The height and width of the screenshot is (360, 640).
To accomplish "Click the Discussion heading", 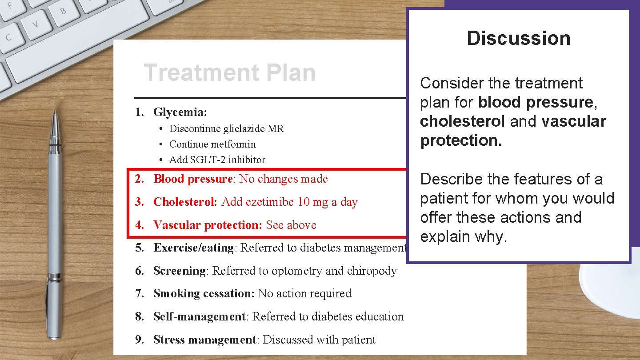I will click(518, 39).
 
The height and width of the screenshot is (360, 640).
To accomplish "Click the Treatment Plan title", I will click(229, 73).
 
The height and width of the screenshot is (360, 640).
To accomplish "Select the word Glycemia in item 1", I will click(179, 112).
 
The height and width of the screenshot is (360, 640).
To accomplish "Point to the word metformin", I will click(236, 144).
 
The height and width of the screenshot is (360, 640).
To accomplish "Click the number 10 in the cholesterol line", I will click(304, 202).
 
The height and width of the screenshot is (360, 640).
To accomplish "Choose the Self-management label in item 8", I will click(199, 317).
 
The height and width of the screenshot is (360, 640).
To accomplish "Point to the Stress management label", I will click(205, 340).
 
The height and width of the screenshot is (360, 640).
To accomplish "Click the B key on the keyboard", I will click(64, 11).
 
